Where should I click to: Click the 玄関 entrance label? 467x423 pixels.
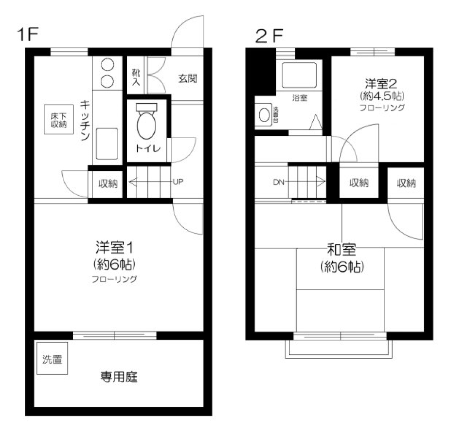pos(186,78)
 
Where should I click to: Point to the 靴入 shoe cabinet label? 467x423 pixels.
pos(136,77)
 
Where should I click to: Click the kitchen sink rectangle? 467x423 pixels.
pos(106,144)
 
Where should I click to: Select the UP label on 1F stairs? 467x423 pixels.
pos(178,183)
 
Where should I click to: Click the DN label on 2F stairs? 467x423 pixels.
pos(278,183)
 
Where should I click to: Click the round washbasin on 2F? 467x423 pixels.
pos(263,115)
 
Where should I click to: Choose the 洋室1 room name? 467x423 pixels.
pos(114,247)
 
